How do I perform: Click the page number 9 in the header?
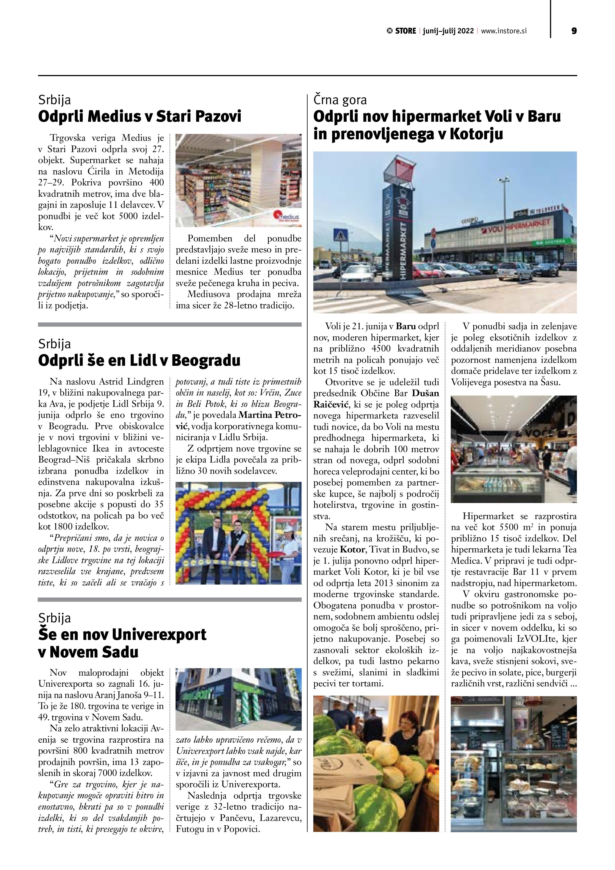click(x=574, y=31)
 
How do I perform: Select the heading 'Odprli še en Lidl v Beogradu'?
click(x=139, y=360)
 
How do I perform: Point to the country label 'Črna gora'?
click(x=340, y=100)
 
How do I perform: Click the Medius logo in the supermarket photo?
click(x=286, y=216)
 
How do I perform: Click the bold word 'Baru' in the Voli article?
click(x=406, y=326)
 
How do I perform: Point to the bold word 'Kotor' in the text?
click(x=353, y=549)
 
